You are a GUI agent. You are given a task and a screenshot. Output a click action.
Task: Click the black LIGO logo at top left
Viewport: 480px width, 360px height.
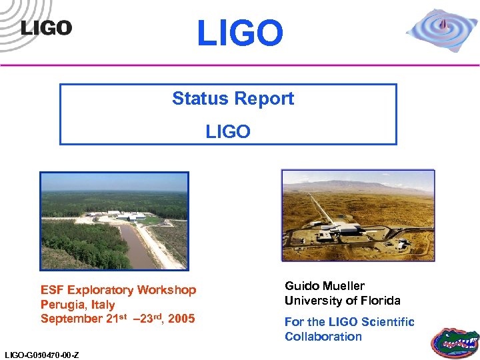pos(45,27)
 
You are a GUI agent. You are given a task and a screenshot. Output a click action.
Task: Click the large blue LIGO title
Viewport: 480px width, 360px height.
pos(240,33)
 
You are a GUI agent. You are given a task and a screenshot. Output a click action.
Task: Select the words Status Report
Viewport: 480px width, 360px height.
pos(233,99)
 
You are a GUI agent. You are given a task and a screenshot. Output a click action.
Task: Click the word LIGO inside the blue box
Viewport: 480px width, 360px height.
pos(228,131)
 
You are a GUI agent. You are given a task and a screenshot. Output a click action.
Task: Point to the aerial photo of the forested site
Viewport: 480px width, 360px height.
pos(114,221)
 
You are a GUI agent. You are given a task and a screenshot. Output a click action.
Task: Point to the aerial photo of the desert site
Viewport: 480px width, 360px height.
pos(358,215)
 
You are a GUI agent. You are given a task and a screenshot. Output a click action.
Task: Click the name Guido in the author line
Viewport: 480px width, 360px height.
pos(301,286)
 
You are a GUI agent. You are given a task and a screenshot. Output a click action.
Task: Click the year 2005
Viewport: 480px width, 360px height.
pos(181,319)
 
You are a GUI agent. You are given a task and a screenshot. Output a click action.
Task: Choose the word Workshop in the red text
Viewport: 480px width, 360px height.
pos(167,290)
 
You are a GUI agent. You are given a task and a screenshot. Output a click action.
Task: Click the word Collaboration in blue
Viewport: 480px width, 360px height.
pos(323,337)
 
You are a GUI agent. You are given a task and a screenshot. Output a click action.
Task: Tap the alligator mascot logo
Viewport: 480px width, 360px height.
pos(454,341)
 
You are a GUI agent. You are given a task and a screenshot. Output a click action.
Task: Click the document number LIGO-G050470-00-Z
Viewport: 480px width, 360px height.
pos(41,355)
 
